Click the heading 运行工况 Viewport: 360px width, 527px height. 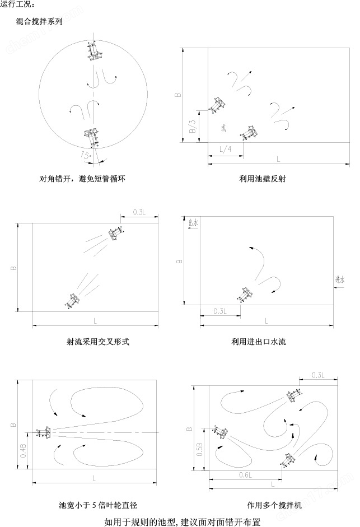[x=18, y=5]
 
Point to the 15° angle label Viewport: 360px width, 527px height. [x=86, y=155]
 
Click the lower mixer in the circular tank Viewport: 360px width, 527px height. [x=90, y=136]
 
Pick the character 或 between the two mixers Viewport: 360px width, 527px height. [x=223, y=128]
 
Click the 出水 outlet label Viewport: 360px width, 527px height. [x=193, y=223]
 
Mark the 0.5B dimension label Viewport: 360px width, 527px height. [x=199, y=449]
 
